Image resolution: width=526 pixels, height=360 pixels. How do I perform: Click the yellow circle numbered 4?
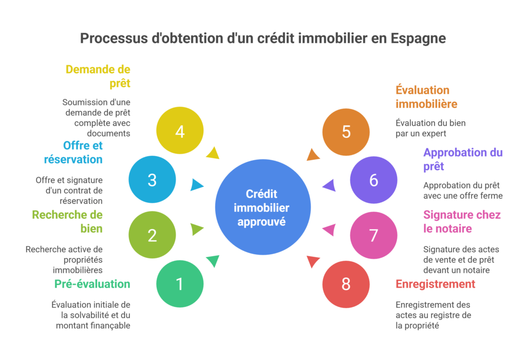pyautogui.click(x=180, y=131)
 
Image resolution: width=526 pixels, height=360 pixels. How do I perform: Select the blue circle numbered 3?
pyautogui.click(x=152, y=180)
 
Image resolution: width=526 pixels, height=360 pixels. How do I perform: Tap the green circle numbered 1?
pyautogui.click(x=180, y=283)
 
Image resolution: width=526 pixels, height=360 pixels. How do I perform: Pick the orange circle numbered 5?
pyautogui.click(x=346, y=131)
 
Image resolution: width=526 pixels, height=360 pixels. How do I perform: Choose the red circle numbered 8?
pyautogui.click(x=346, y=284)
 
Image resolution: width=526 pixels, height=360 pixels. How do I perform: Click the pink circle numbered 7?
pyautogui.click(x=373, y=235)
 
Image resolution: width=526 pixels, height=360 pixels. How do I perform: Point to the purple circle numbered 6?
pyautogui.click(x=373, y=180)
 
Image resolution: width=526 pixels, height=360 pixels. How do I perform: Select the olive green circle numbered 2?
pyautogui.click(x=152, y=235)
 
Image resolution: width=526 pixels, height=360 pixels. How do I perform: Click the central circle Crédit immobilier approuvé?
pyautogui.click(x=262, y=207)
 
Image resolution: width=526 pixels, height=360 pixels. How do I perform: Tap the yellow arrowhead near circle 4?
pyautogui.click(x=213, y=152)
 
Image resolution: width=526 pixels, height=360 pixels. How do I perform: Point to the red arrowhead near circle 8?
pyautogui.click(x=313, y=262)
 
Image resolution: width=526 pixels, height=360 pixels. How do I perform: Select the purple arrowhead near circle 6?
pyautogui.click(x=329, y=185)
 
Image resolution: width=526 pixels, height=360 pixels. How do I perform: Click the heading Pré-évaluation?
pyautogui.click(x=92, y=284)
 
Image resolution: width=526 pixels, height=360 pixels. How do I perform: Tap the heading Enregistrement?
pyautogui.click(x=436, y=284)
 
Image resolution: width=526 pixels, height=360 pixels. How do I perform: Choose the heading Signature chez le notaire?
pyautogui.click(x=461, y=221)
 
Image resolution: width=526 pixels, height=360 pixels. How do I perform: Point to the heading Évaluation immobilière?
pyautogui.click(x=426, y=97)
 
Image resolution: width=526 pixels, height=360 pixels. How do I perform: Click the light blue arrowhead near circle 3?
pyautogui.click(x=197, y=184)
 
